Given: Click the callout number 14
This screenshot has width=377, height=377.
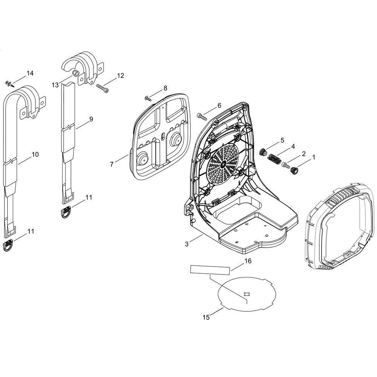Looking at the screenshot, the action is (30, 73).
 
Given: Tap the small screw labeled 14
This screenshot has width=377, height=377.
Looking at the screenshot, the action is (9, 84).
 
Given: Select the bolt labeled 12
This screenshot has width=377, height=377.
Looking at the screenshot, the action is (103, 88).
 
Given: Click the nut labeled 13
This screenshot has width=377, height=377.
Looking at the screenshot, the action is (75, 73).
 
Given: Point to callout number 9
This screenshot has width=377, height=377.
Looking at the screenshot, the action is (91, 119).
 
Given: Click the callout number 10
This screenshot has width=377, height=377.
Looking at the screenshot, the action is (35, 154).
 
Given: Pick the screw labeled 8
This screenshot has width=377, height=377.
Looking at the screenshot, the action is (148, 98).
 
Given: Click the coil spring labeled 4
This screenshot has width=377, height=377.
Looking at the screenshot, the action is (274, 159).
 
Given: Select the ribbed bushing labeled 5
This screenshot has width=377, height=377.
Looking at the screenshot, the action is (263, 152).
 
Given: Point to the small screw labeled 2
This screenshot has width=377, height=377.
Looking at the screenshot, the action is (285, 166).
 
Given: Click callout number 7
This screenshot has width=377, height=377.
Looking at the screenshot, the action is (112, 164).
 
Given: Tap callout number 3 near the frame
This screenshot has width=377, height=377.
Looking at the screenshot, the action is (187, 244).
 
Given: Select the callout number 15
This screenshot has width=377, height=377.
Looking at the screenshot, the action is (206, 317).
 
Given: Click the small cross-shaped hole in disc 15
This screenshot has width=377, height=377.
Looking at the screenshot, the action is (247, 294).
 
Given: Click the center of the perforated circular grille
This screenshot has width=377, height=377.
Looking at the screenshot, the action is (223, 164).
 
